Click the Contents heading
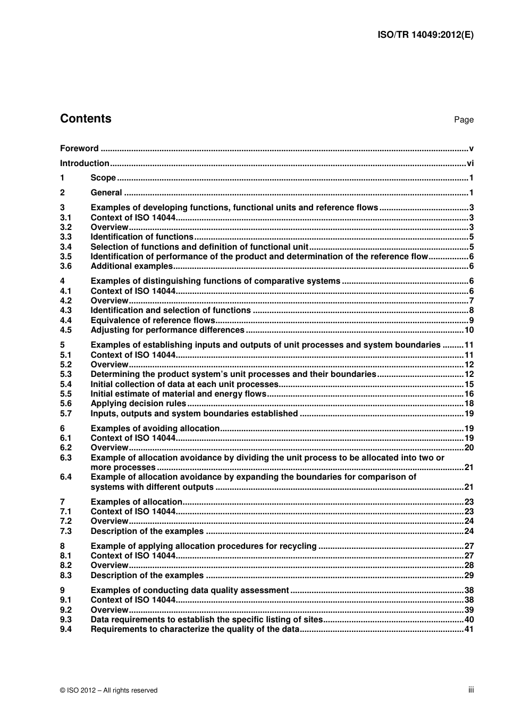coord(86,119)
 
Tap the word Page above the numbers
coord(464,120)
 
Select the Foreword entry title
coord(79,149)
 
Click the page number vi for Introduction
coord(470,163)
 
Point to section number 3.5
coord(65,257)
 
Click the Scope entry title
coord(103,178)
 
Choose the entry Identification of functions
coord(142,237)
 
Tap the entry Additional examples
coord(132,266)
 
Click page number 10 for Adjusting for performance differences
coord(469,330)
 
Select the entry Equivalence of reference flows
coord(153,320)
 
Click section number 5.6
coord(65,404)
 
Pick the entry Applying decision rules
coord(138,404)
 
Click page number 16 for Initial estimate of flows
coord(469,394)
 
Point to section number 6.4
coord(65,477)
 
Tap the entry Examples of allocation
coord(137,502)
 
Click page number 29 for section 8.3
coord(469,575)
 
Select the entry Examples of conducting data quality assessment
coord(190,590)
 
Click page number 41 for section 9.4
coord(469,629)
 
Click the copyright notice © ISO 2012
coord(109,690)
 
